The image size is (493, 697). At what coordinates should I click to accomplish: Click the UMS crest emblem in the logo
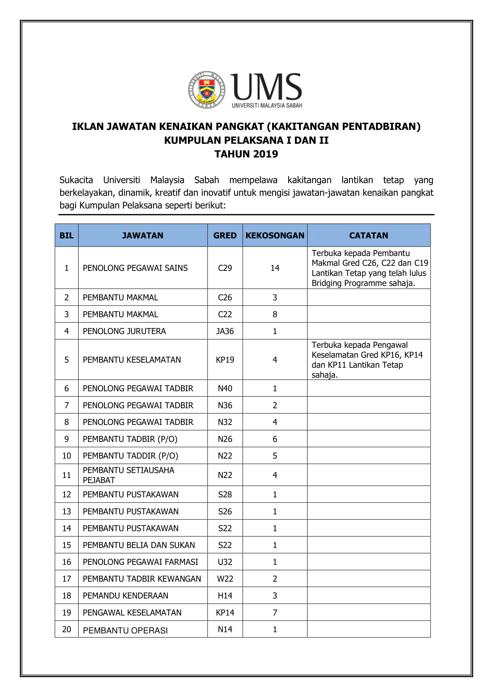pos(207,90)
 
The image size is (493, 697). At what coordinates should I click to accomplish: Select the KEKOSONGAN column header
pos(275,236)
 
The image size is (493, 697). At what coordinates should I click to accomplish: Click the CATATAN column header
pos(368,236)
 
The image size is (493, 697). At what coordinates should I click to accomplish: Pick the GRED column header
pos(225,236)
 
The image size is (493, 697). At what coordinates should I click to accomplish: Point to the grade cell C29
pos(225,268)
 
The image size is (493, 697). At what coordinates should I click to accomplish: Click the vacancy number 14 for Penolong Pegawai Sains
pos(275,268)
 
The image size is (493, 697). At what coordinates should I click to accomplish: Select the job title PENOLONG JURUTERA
pos(124,331)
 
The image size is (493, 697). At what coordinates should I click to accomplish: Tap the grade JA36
pos(225,331)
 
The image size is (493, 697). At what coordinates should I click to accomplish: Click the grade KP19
pos(225,360)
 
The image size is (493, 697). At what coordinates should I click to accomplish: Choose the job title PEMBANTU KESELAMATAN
pos(132,360)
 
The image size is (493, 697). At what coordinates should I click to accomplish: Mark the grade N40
pos(225,389)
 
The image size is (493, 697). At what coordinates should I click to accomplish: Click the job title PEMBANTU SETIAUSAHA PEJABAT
pos(128,475)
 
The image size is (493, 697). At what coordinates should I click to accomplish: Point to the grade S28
pos(225,495)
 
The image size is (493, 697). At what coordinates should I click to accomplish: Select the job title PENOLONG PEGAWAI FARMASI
pos(140,562)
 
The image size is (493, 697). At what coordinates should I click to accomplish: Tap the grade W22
pos(225,579)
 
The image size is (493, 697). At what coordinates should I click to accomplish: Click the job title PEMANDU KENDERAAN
pos(125,596)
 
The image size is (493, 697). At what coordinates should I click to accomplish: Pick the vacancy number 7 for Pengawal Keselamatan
pos(275,613)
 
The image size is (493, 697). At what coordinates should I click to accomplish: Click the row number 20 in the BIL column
pos(66,629)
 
